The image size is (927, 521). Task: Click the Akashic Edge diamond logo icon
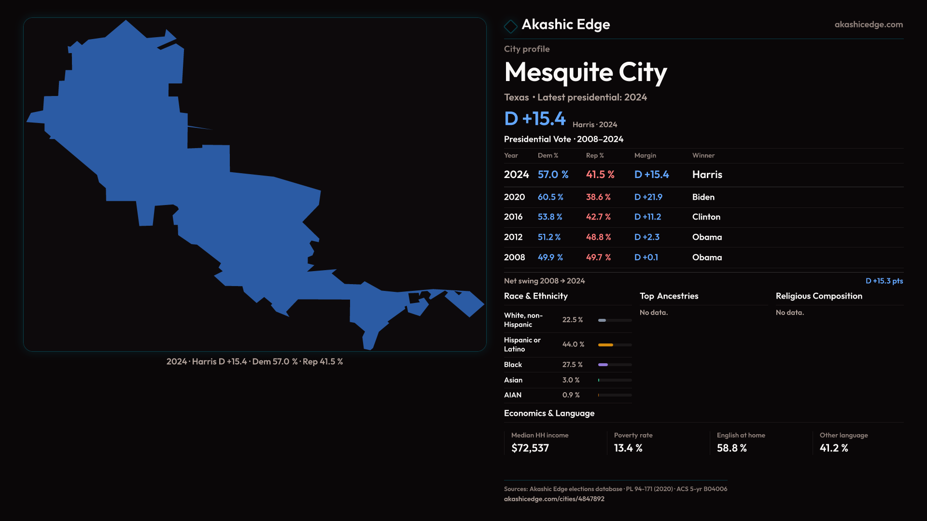click(x=510, y=26)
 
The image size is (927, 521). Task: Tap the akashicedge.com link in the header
click(x=868, y=25)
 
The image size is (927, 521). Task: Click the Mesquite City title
click(x=585, y=72)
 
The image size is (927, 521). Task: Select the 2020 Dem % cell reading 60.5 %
click(x=550, y=197)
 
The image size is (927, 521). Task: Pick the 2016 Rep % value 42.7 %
click(x=598, y=217)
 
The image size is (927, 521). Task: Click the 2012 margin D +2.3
click(x=646, y=237)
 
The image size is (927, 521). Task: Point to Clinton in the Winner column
click(x=706, y=217)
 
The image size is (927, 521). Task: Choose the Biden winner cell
click(x=703, y=197)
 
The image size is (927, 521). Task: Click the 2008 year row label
click(x=514, y=258)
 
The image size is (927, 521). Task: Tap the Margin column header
click(x=645, y=155)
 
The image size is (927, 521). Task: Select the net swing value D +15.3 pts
click(x=884, y=281)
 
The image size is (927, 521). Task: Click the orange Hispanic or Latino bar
click(x=605, y=345)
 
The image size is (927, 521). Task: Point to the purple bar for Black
click(x=603, y=365)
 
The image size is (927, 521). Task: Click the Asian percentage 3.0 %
click(x=571, y=380)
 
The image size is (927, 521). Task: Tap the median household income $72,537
click(x=530, y=448)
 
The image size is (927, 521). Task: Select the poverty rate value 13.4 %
click(x=628, y=448)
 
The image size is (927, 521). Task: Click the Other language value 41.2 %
click(x=833, y=448)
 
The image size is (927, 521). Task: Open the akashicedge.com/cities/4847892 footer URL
click(x=554, y=499)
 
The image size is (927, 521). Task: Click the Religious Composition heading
click(x=818, y=296)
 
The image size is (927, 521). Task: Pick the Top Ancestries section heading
click(x=669, y=296)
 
